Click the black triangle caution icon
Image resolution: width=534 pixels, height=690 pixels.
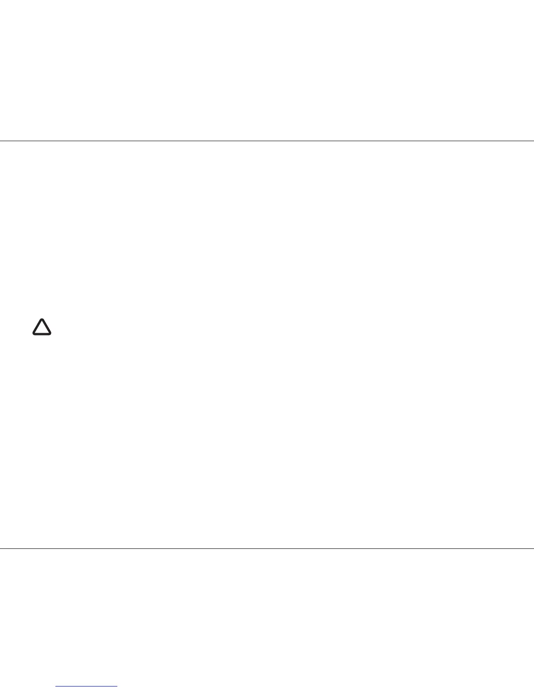tap(42, 328)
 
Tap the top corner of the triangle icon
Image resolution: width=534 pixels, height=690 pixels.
tap(42, 320)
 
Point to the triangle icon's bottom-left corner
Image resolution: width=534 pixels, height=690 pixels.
tap(34, 334)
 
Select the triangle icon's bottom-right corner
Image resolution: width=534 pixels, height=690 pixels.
tap(50, 334)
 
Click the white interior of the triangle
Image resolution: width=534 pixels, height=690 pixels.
tap(42, 329)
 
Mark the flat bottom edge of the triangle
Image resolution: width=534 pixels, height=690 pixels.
tap(42, 334)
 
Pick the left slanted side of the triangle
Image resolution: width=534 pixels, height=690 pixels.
tap(37, 327)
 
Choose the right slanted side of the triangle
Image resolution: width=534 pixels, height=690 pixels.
tap(47, 327)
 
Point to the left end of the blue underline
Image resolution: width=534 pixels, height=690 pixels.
tap(56, 687)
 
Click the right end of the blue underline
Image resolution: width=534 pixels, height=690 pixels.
tap(117, 687)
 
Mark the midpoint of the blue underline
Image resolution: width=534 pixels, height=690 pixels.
tap(87, 687)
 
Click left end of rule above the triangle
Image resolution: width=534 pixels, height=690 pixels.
tap(1, 141)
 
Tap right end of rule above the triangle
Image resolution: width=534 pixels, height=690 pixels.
tap(533, 141)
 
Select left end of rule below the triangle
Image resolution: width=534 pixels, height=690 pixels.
tap(1, 548)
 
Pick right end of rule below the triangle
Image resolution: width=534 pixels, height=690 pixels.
tap(533, 548)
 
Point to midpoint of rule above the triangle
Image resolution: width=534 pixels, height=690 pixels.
tap(267, 141)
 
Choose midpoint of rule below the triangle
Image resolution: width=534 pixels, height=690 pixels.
tap(267, 548)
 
